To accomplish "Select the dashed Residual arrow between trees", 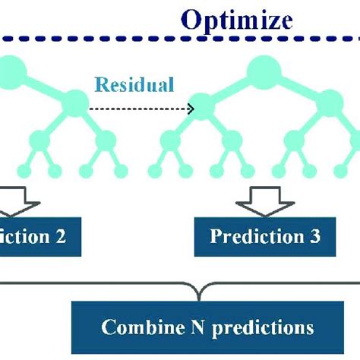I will click(x=141, y=109).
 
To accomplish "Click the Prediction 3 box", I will click(x=265, y=235).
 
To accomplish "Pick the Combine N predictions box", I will click(x=207, y=327).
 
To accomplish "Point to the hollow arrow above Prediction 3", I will click(x=262, y=201).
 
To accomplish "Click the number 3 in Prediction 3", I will click(x=314, y=235).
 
